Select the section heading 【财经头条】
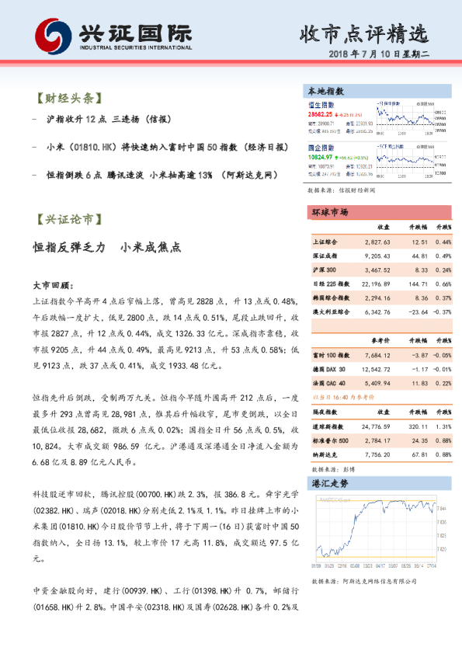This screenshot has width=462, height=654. click(x=67, y=99)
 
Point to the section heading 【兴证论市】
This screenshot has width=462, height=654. click(x=67, y=220)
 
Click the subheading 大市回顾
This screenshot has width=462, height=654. click(x=53, y=286)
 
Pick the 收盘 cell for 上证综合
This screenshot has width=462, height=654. click(x=375, y=242)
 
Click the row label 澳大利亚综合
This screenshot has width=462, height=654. click(x=331, y=312)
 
